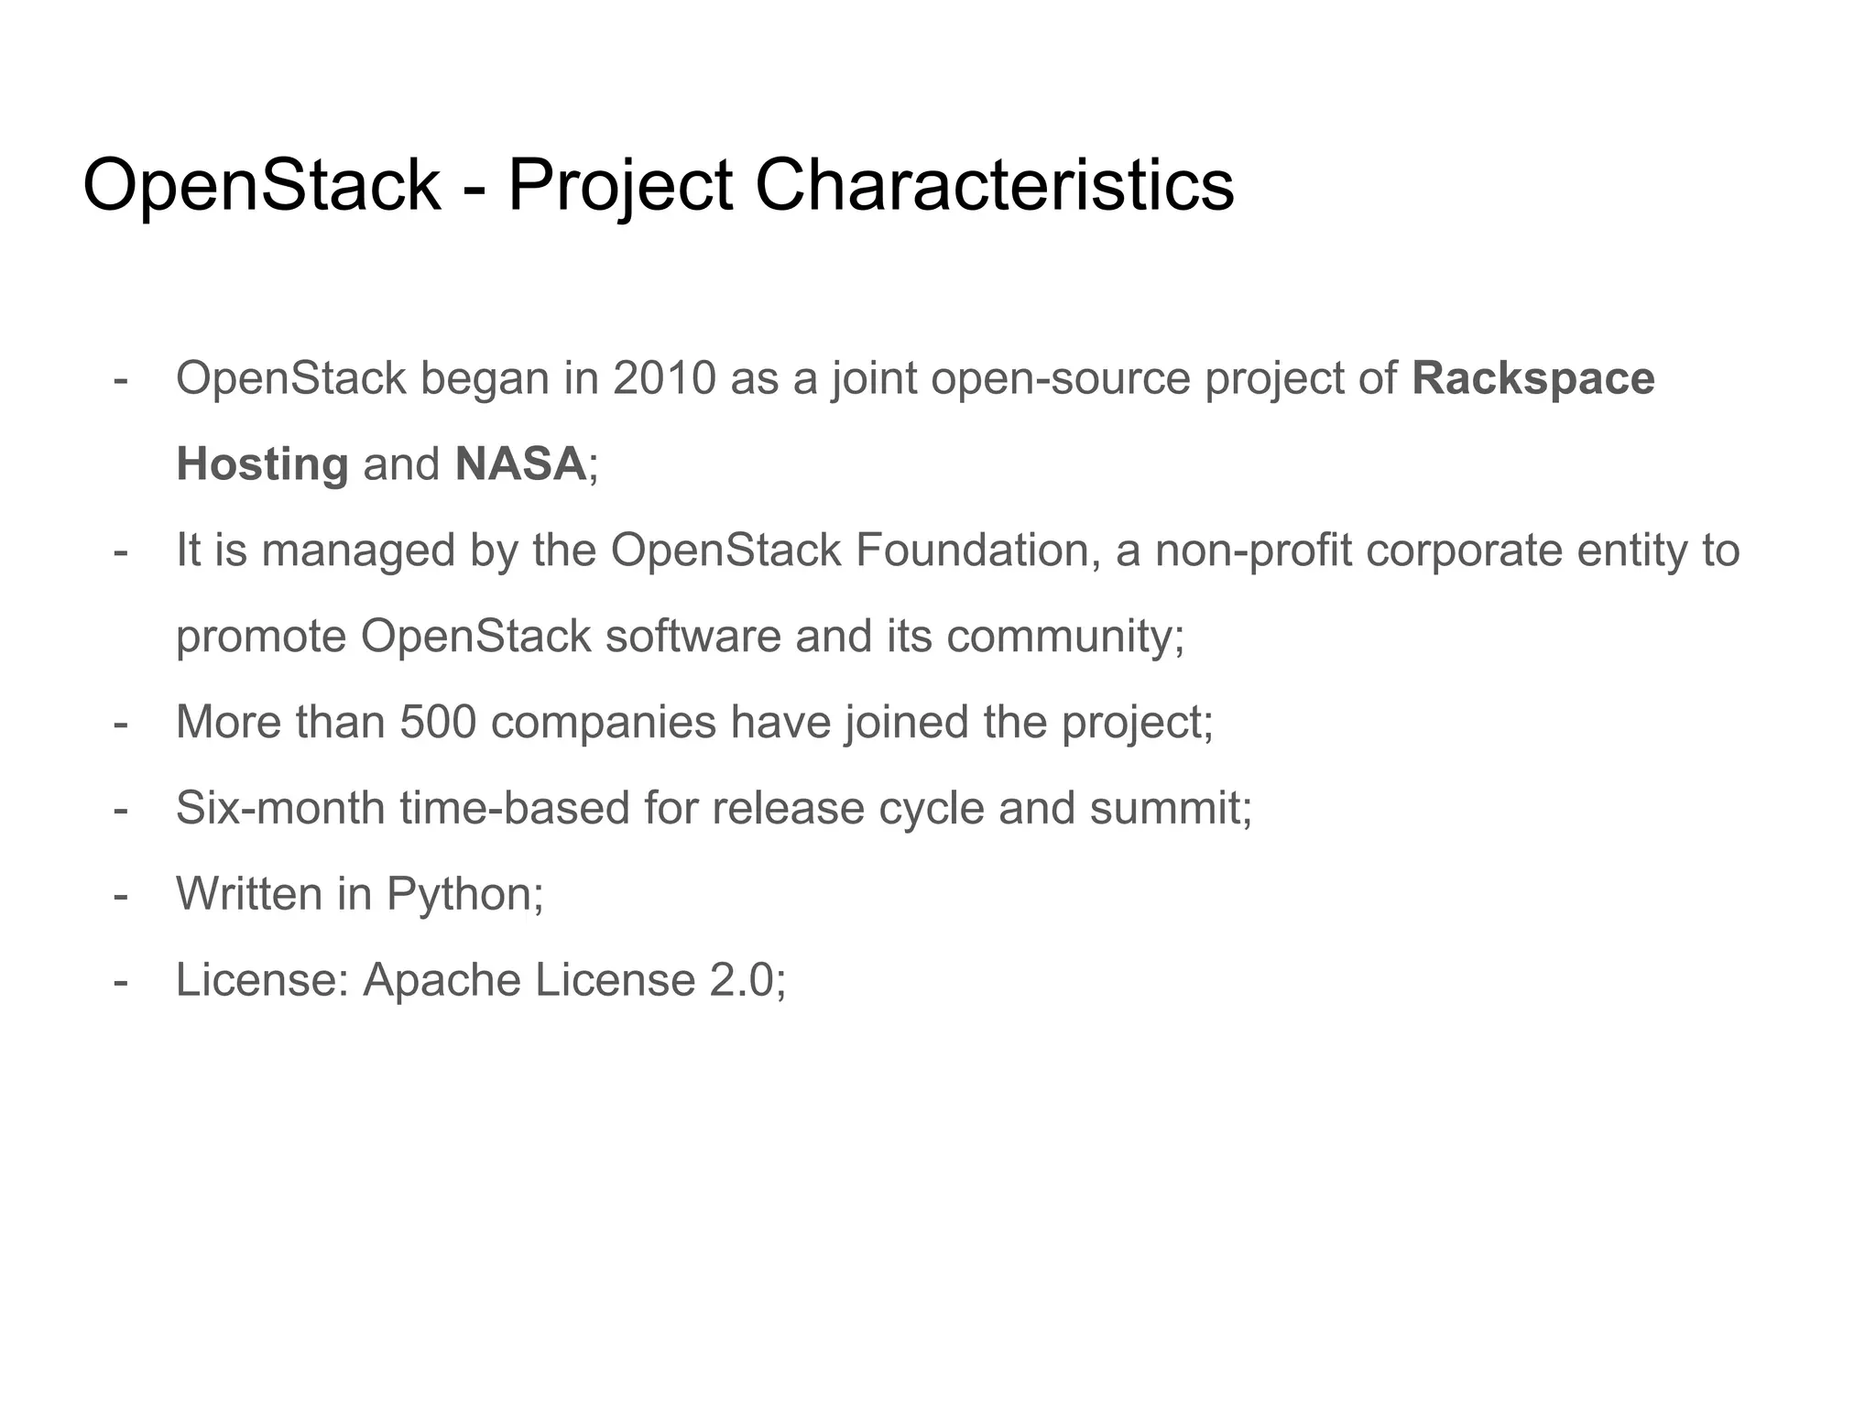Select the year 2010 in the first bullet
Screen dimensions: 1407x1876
[x=664, y=378]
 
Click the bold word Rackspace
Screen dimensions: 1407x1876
[x=1532, y=378]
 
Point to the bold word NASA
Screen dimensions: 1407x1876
[x=519, y=464]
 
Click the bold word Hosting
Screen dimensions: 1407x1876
[x=262, y=464]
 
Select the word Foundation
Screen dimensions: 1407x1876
[x=977, y=551]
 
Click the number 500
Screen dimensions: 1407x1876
[x=438, y=722]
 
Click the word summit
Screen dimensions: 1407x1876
[x=1168, y=808]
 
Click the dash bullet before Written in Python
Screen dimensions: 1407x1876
[x=120, y=895]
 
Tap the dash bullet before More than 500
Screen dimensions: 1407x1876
[x=120, y=723]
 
